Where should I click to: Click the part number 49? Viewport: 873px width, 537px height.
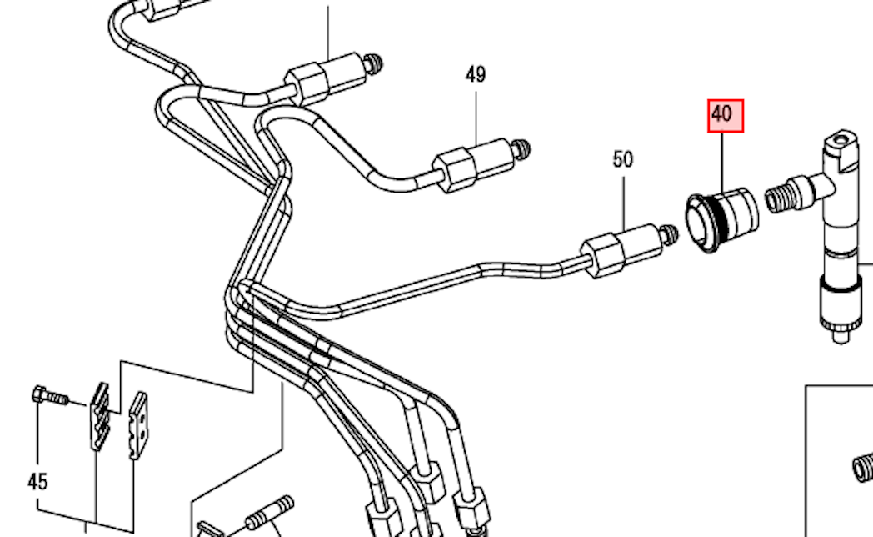coord(476,75)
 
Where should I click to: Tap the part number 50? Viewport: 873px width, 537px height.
coord(623,159)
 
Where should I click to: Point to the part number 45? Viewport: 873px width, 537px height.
coord(37,481)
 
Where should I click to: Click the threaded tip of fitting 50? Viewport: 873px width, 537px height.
coord(668,233)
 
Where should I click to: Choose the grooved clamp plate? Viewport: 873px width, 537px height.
coord(98,416)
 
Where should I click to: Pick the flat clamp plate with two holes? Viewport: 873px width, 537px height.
coord(137,425)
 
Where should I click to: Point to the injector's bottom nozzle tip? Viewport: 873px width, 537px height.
coord(842,334)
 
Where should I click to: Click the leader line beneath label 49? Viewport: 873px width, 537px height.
coord(476,117)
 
